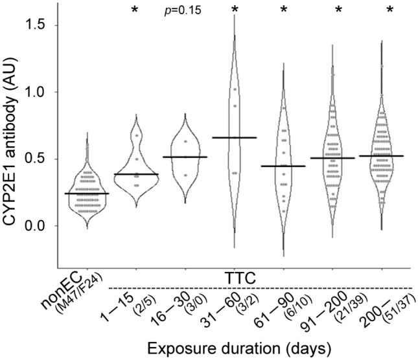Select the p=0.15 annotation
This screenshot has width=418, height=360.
(182, 10)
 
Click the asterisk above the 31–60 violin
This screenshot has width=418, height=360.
(235, 10)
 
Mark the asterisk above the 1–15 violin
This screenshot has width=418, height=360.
(135, 10)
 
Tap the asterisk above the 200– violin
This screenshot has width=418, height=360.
(389, 10)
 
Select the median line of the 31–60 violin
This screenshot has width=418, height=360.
(235, 137)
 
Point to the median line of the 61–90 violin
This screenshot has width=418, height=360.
(283, 166)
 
